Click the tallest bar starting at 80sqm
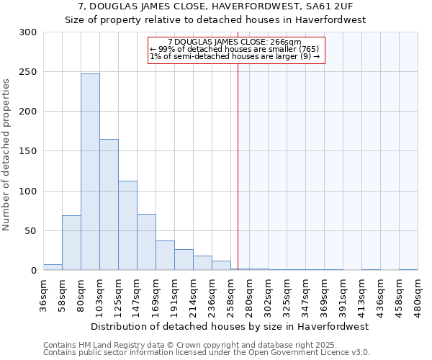coord(90,173)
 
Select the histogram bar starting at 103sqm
coord(109,205)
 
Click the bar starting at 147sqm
coord(146,243)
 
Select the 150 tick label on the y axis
coord(28,151)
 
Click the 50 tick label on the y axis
coord(31,231)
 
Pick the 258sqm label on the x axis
coord(230,296)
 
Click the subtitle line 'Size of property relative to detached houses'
coord(215,19)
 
